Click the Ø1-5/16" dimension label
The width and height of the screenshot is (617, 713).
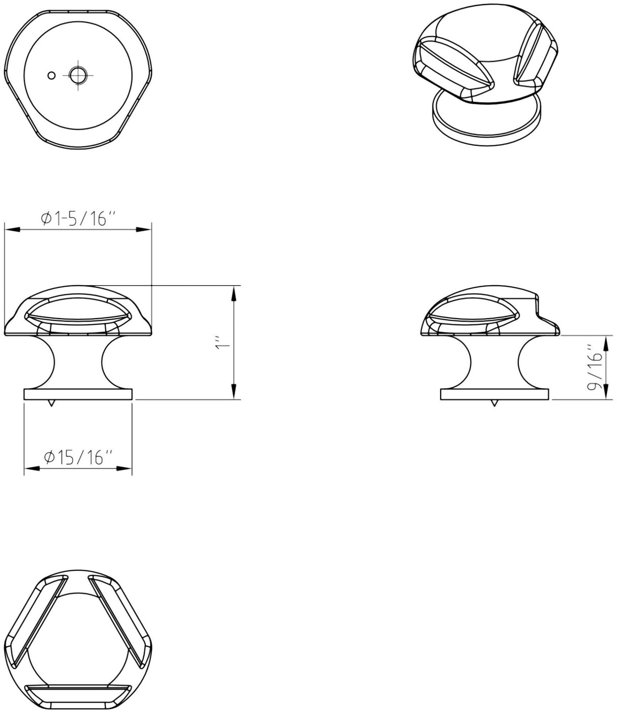[78, 219]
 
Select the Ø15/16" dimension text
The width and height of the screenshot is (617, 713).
[78, 457]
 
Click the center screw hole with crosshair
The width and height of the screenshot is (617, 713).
[78, 76]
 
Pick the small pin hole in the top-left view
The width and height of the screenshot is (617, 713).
[51, 76]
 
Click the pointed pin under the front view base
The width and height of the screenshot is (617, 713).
[51, 404]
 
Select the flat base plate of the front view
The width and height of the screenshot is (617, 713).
[78, 395]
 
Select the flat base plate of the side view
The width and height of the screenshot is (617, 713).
[495, 395]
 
